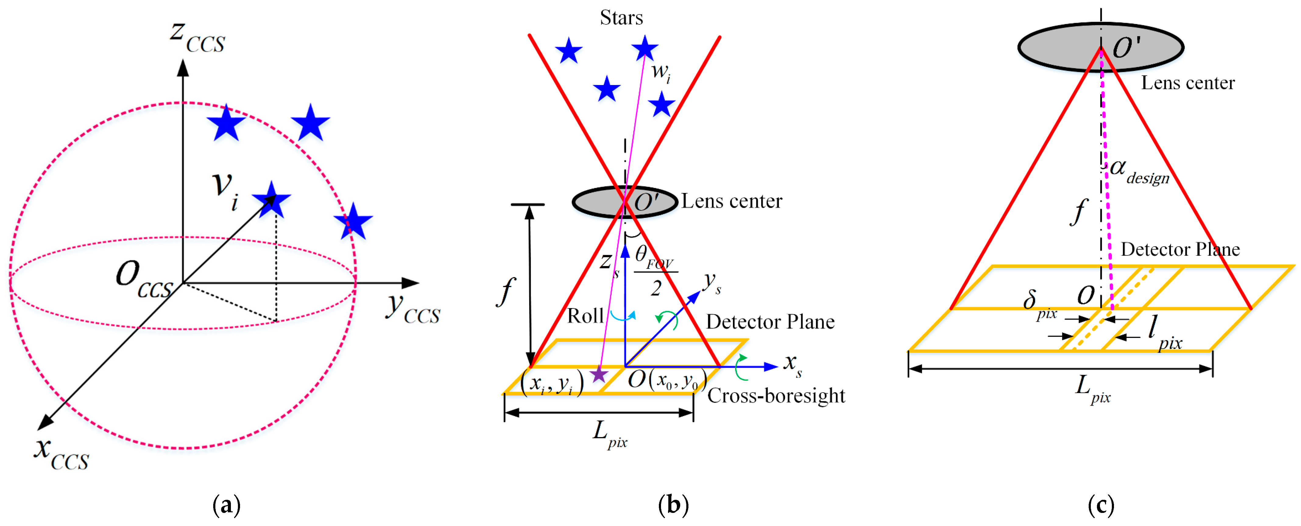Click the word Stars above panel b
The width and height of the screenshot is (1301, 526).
621,18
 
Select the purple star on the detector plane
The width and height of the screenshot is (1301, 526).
599,375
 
